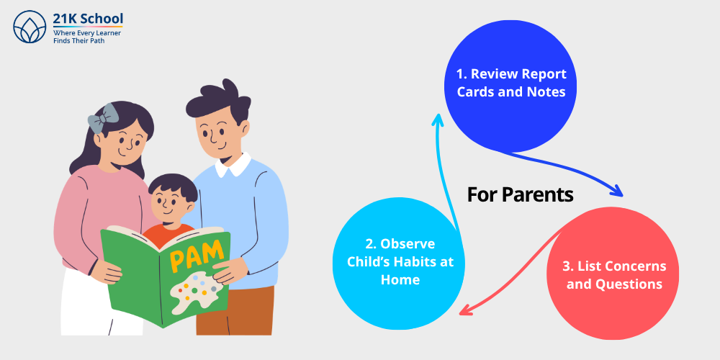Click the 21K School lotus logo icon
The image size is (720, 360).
click(x=30, y=27)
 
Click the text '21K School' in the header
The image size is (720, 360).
click(x=88, y=19)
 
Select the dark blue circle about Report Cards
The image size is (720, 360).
click(x=511, y=83)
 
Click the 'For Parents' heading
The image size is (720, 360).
click(x=520, y=194)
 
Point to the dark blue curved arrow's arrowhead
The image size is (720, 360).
click(x=617, y=192)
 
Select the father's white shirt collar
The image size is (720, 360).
click(x=232, y=167)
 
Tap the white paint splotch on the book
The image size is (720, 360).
click(x=194, y=292)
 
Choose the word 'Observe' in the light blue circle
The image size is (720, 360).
click(x=408, y=243)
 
